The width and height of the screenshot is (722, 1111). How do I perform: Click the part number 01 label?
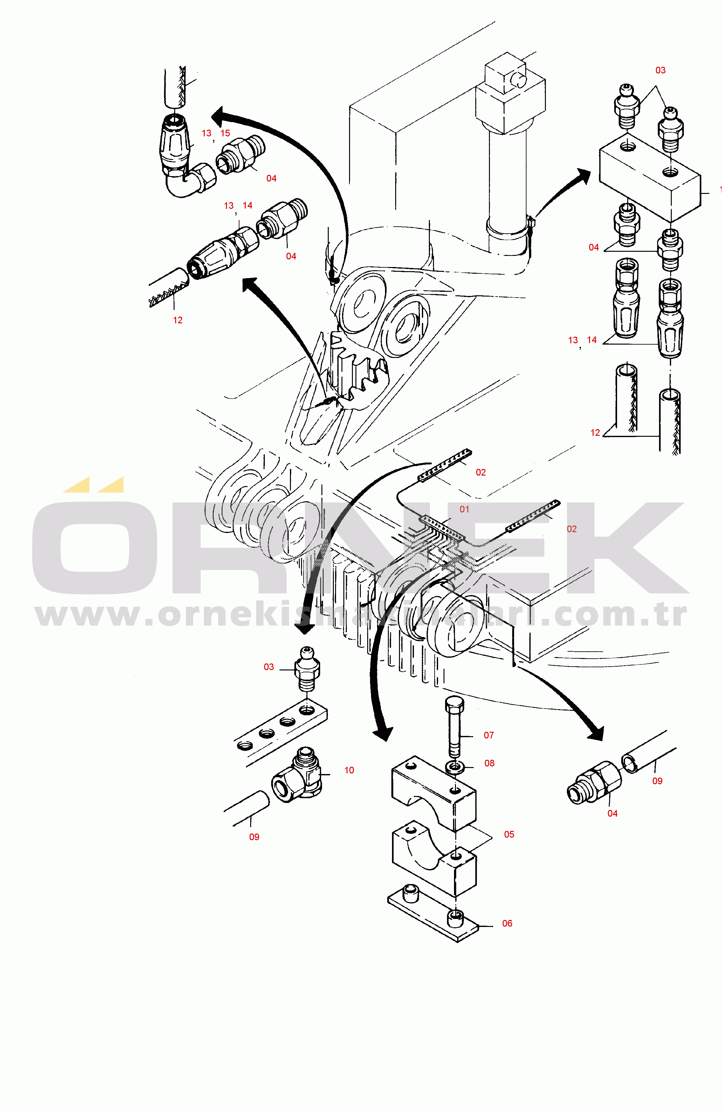pos(464,509)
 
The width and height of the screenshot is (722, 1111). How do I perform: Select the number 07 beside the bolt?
pos(489,735)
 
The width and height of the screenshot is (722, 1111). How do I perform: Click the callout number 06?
pos(507,923)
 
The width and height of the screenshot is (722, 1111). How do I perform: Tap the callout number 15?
pos(225,133)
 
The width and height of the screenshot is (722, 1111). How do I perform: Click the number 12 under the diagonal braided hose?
pos(177,320)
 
